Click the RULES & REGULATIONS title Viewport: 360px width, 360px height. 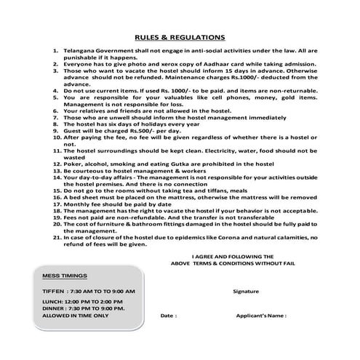point(180,37)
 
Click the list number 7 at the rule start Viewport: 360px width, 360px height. point(57,117)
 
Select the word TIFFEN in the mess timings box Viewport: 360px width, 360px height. point(54,290)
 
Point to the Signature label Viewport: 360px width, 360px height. point(246,290)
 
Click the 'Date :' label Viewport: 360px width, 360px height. point(168,316)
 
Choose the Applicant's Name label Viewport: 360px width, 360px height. point(261,316)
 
